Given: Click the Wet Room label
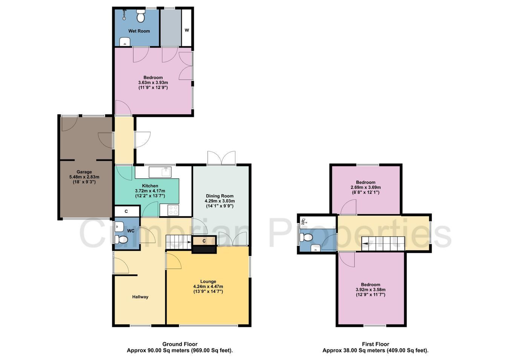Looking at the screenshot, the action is click(x=139, y=31).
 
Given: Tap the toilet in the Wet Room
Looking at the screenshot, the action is click(x=140, y=16).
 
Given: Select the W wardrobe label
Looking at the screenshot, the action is click(x=187, y=30).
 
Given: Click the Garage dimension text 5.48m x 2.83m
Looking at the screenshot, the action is click(x=84, y=177).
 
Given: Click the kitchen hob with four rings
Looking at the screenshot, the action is click(x=173, y=210).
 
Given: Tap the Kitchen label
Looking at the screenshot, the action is click(x=150, y=186).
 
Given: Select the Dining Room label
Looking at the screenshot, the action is click(x=219, y=196).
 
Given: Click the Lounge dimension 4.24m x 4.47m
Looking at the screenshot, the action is click(x=208, y=286).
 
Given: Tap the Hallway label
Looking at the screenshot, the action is click(x=140, y=297).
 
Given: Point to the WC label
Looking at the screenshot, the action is click(x=131, y=231).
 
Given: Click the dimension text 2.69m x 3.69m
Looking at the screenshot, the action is click(x=365, y=188).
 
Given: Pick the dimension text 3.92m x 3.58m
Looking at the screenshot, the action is click(x=370, y=290).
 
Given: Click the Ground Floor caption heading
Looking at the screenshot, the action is click(x=180, y=344).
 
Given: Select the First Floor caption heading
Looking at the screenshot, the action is click(x=376, y=344).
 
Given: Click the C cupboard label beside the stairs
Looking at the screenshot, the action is click(x=204, y=241).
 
